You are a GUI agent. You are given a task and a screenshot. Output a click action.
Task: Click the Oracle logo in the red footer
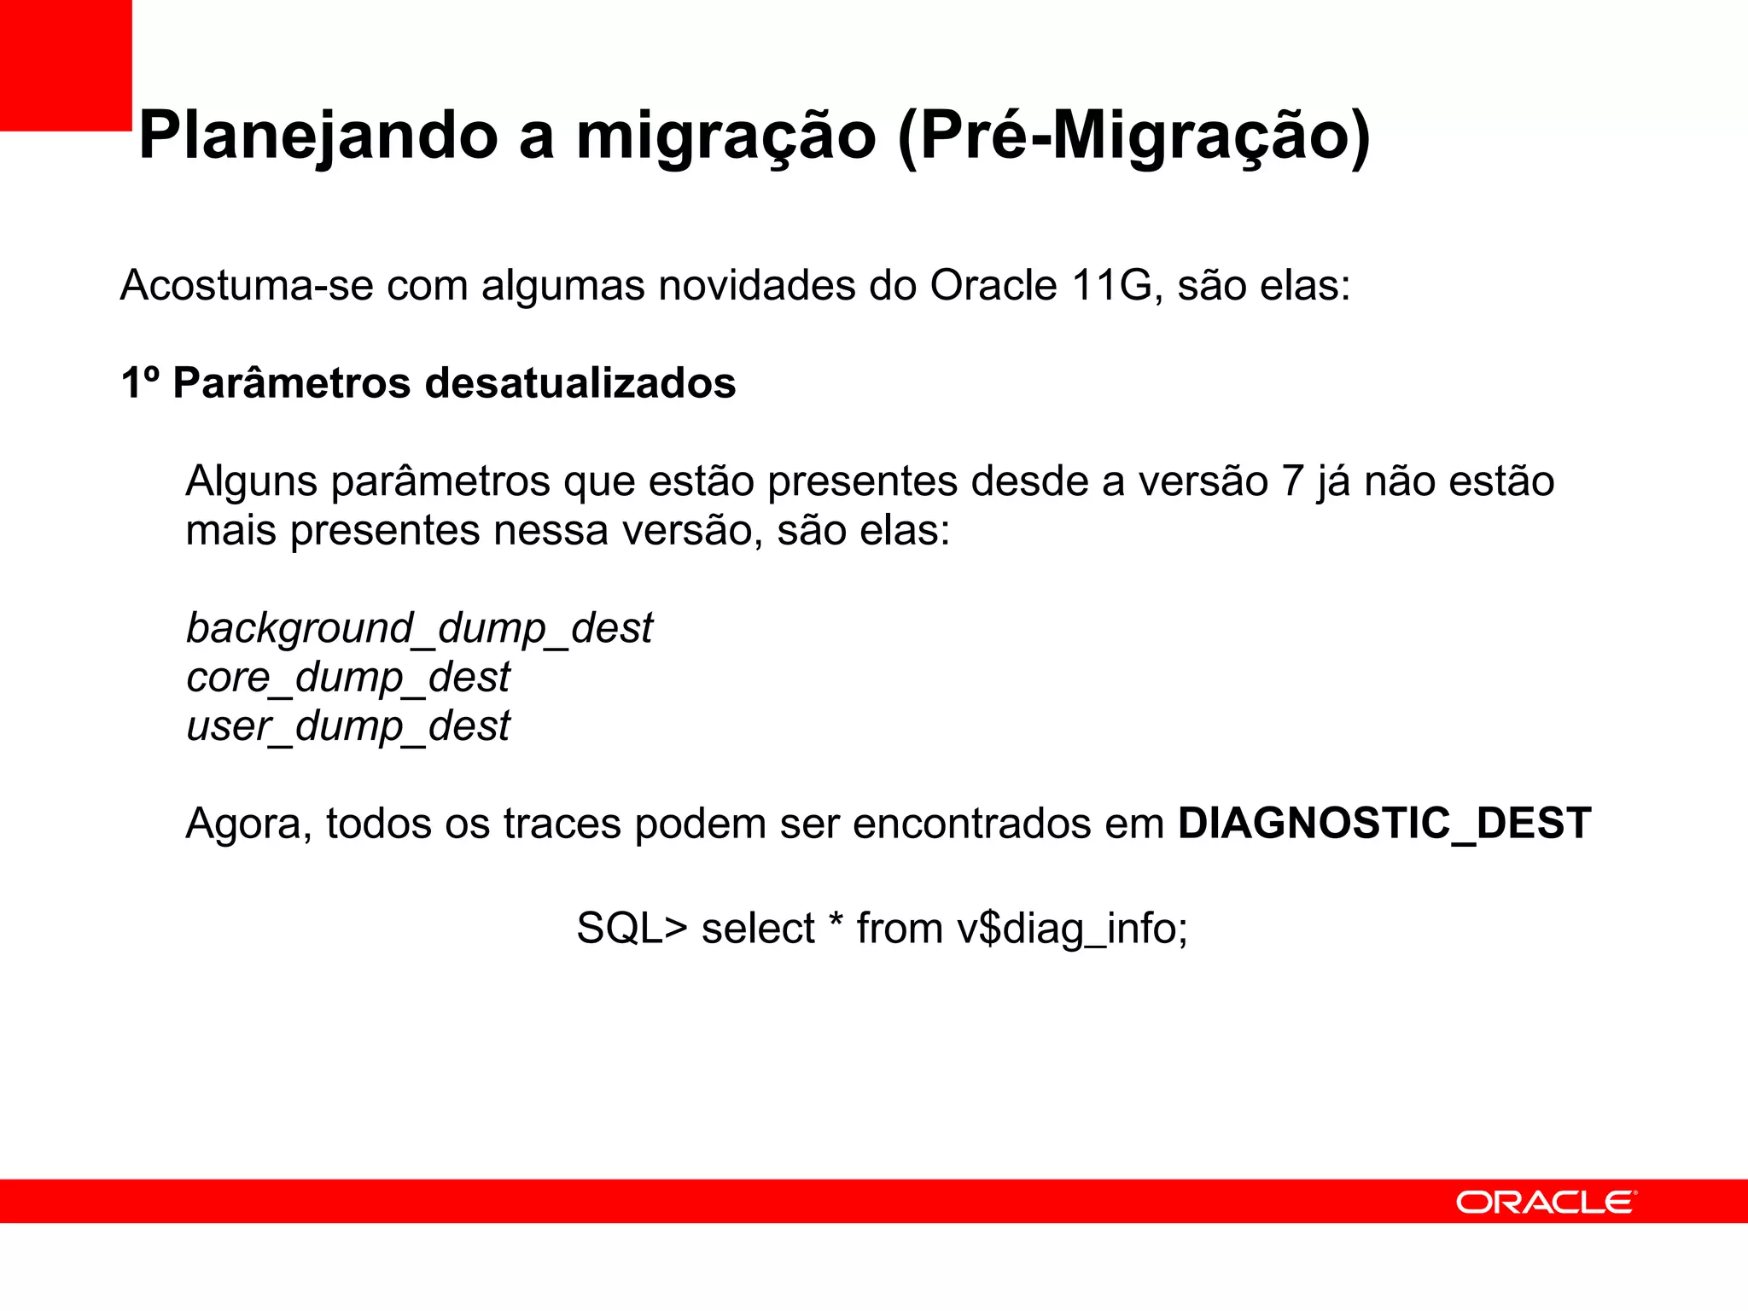tap(1546, 1202)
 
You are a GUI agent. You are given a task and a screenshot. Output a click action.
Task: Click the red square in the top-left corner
tap(66, 65)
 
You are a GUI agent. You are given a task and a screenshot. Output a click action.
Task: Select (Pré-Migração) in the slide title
tap(1134, 137)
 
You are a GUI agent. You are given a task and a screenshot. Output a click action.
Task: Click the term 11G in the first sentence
tap(1113, 285)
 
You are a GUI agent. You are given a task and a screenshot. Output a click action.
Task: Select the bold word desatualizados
tap(580, 382)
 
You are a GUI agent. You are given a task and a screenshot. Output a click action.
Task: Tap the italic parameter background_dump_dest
tap(419, 629)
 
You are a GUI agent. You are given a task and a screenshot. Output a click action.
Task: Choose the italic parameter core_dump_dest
tap(347, 678)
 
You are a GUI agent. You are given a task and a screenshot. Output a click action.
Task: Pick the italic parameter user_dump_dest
tap(347, 726)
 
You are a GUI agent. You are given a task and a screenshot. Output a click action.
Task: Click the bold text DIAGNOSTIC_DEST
tap(1384, 824)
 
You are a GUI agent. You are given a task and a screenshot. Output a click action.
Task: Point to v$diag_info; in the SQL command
tap(1072, 928)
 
